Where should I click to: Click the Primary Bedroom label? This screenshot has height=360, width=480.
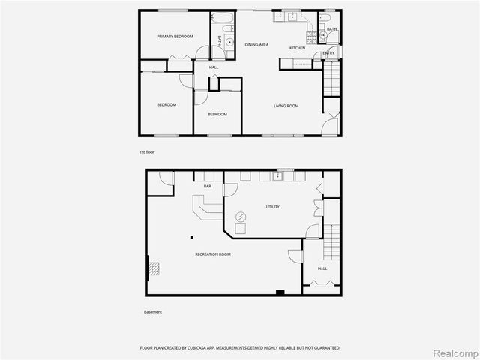coord(175,37)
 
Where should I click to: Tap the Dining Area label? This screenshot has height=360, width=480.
coord(256,45)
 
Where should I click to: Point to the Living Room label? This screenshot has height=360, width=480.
coord(286,106)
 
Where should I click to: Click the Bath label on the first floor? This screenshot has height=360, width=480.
coord(331,29)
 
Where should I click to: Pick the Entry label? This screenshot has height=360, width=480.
coord(329,54)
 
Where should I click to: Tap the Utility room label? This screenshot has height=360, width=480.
coord(273,207)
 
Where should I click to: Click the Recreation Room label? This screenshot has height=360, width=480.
coord(212,254)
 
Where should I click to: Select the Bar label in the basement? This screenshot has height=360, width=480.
coord(208,186)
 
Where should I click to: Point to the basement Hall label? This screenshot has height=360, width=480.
coord(322,268)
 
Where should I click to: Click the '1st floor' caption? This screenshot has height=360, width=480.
coord(147,152)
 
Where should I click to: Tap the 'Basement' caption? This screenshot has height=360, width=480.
coord(153,312)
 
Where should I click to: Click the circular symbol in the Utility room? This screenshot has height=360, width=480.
coord(241,217)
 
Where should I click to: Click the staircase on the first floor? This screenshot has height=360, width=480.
coord(331,79)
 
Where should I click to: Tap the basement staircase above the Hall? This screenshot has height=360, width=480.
coord(331,241)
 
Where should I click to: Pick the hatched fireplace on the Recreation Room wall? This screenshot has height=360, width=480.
coord(153,268)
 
